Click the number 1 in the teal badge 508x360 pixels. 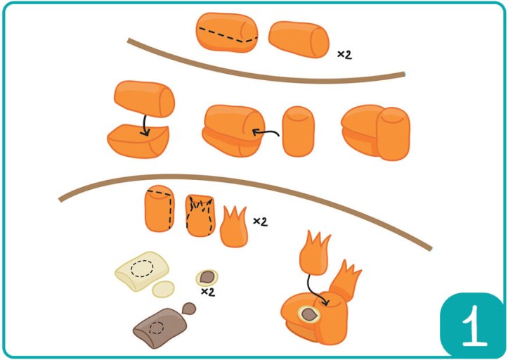pyautogui.click(x=474, y=326)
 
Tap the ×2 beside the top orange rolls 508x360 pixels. pyautogui.click(x=344, y=54)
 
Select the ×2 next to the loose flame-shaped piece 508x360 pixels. pyautogui.click(x=260, y=221)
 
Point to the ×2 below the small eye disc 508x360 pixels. pyautogui.click(x=208, y=292)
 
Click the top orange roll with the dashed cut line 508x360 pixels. pyautogui.click(x=227, y=32)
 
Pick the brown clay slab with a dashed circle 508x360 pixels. pyautogui.click(x=160, y=328)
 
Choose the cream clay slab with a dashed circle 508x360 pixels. pyautogui.click(x=142, y=271)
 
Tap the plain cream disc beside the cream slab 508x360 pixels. pyautogui.click(x=163, y=289)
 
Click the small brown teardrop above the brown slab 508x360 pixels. pyautogui.click(x=189, y=309)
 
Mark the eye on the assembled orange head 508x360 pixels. pyautogui.click(x=309, y=314)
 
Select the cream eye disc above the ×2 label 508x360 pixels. pyautogui.click(x=207, y=278)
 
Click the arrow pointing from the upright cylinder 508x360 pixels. pyautogui.click(x=265, y=132)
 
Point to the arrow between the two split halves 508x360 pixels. pyautogui.click(x=145, y=126)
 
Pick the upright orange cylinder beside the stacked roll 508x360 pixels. pyautogui.click(x=298, y=131)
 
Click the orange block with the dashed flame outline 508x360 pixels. pyautogui.click(x=200, y=215)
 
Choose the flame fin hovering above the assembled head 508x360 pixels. pyautogui.click(x=314, y=254)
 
